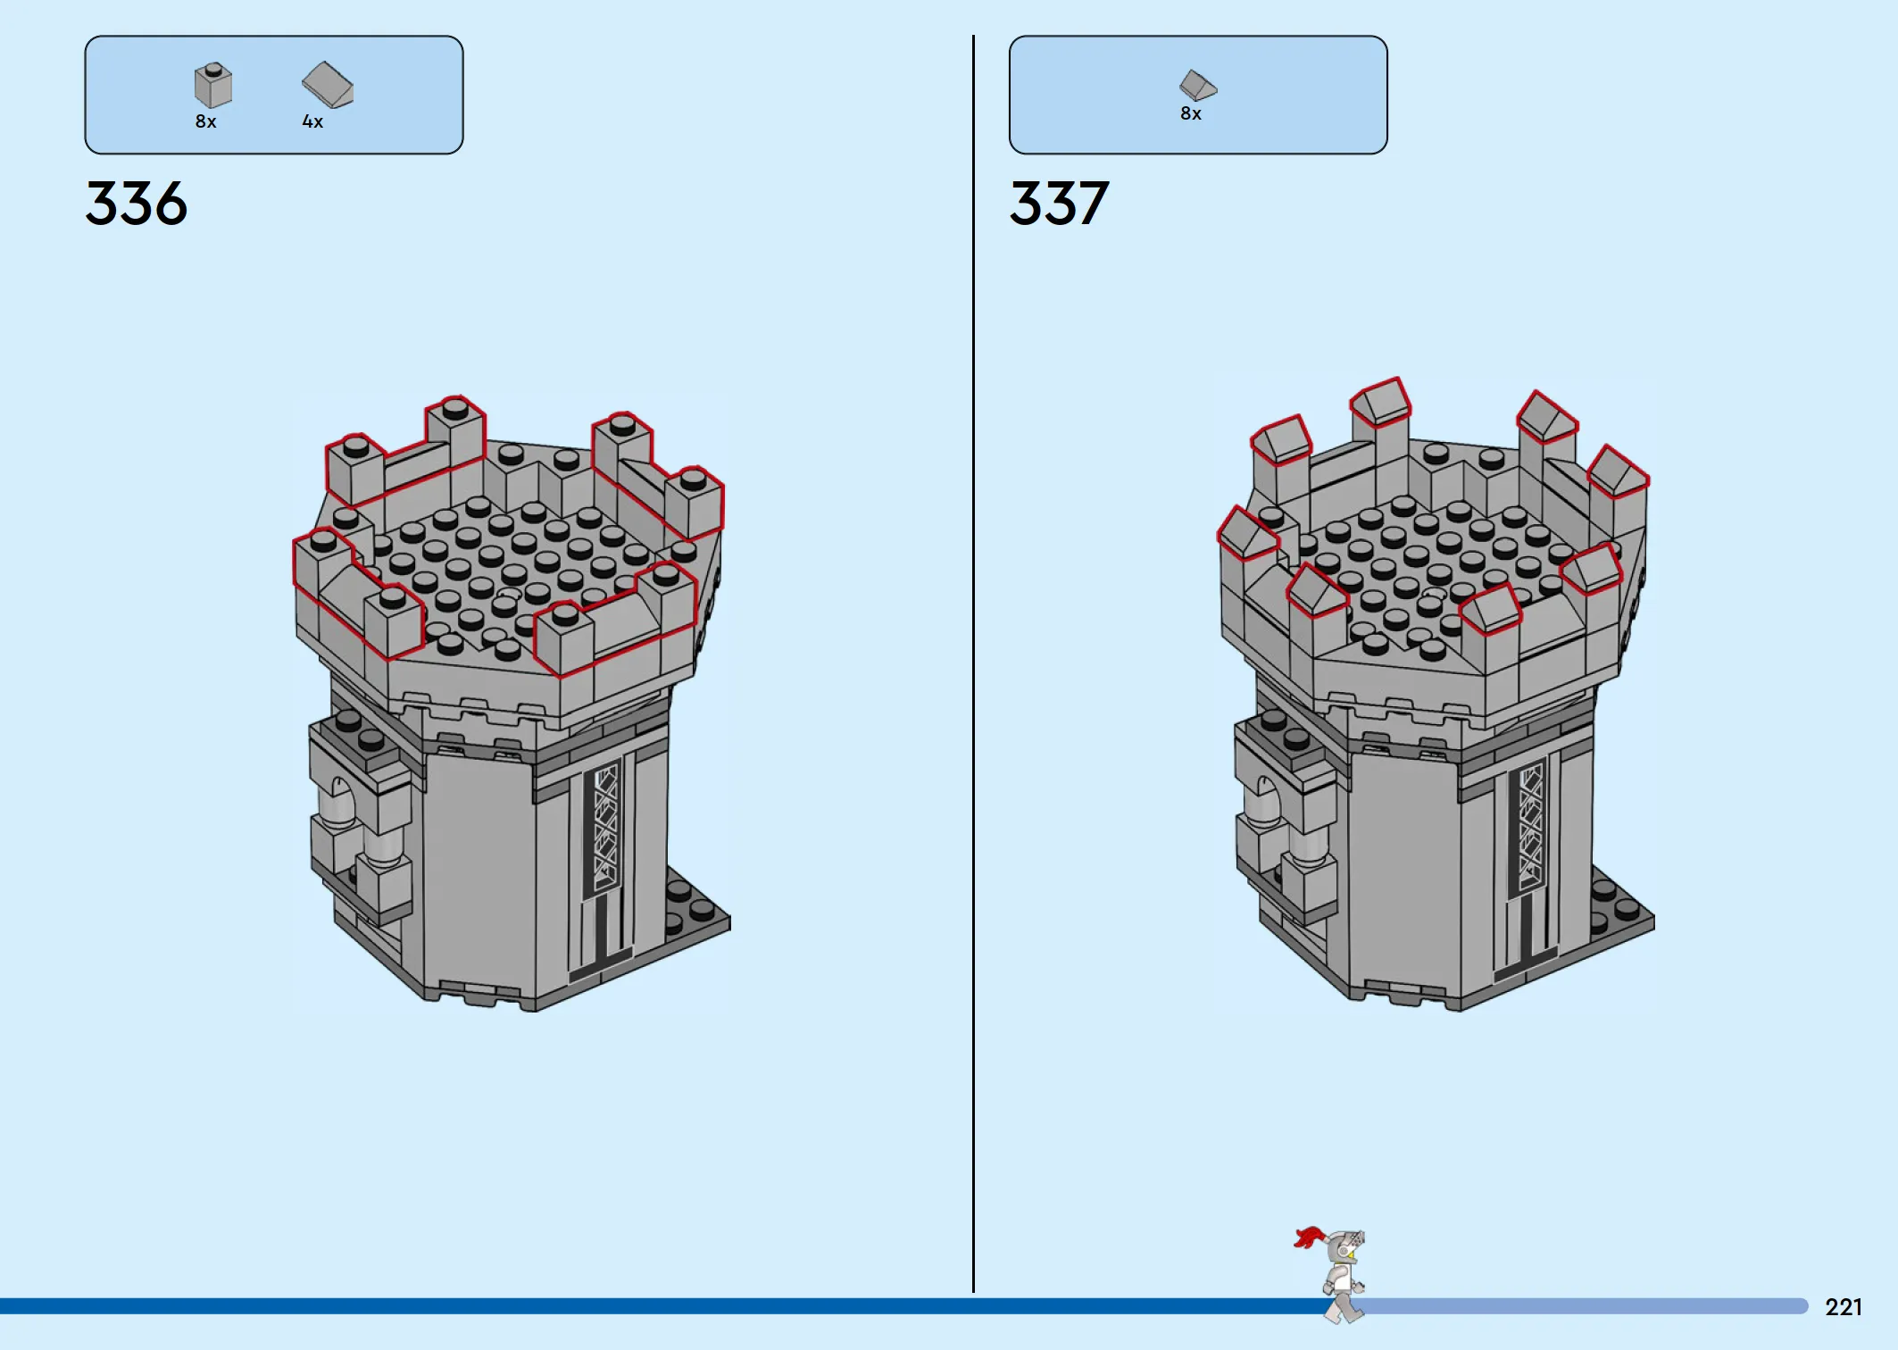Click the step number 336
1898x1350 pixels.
click(x=137, y=204)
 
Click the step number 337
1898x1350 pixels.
click(x=1060, y=204)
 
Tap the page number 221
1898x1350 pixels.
click(x=1844, y=1307)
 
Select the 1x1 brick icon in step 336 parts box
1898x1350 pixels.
click(x=213, y=85)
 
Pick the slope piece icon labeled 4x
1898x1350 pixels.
click(x=328, y=85)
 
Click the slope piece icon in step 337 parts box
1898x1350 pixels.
click(x=1198, y=85)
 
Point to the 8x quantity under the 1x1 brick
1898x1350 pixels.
click(x=206, y=121)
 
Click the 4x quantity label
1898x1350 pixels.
click(x=312, y=121)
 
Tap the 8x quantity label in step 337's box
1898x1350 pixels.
click(x=1191, y=113)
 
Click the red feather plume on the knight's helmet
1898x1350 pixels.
click(x=1309, y=1237)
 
